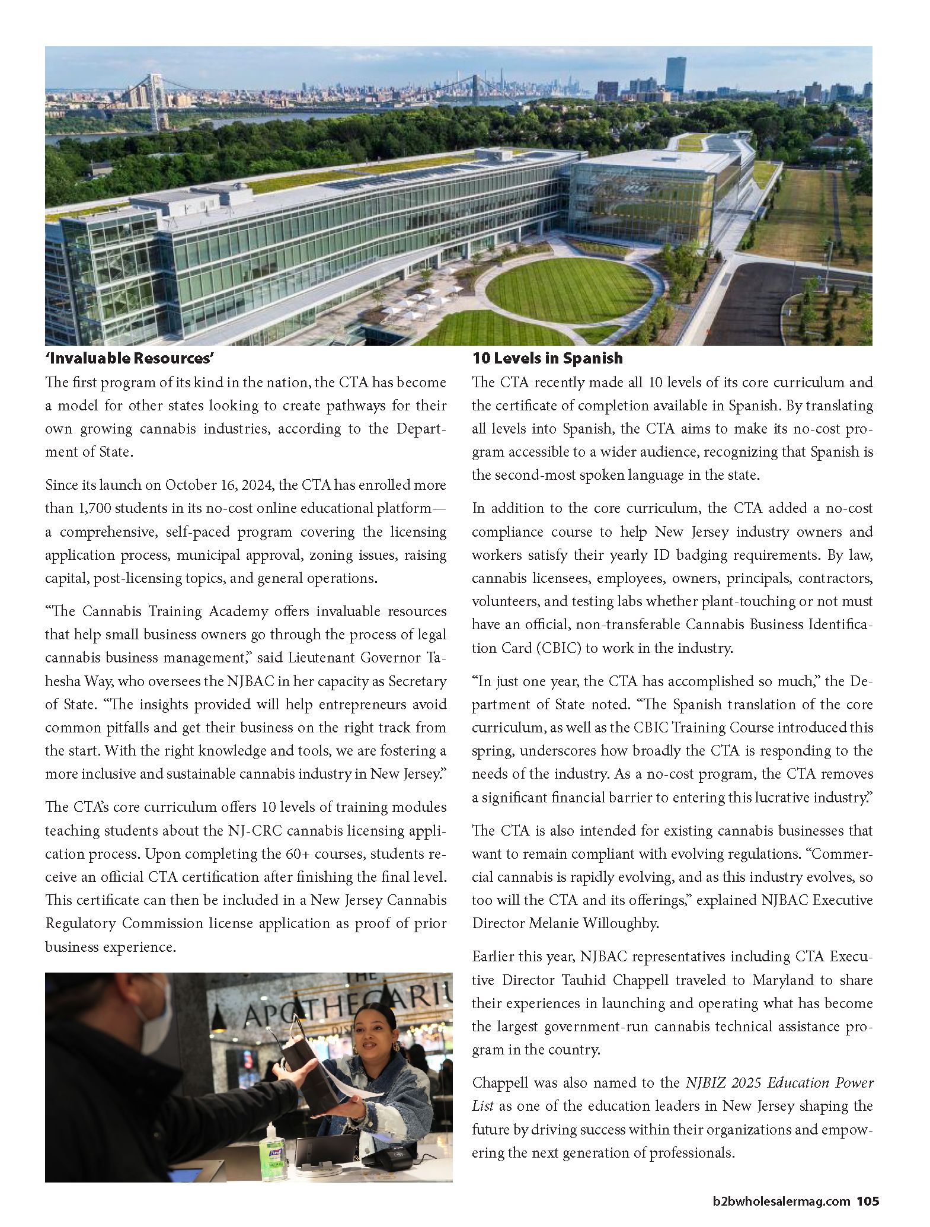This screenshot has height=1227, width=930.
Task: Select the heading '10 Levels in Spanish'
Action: (547, 358)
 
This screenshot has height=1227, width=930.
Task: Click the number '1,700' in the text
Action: (92, 508)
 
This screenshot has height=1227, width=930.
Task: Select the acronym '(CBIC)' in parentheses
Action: (558, 648)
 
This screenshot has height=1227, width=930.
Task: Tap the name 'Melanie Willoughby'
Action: (565, 923)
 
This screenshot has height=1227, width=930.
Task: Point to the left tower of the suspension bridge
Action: (156, 101)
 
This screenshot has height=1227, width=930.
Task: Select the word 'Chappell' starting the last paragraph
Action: (500, 1082)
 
